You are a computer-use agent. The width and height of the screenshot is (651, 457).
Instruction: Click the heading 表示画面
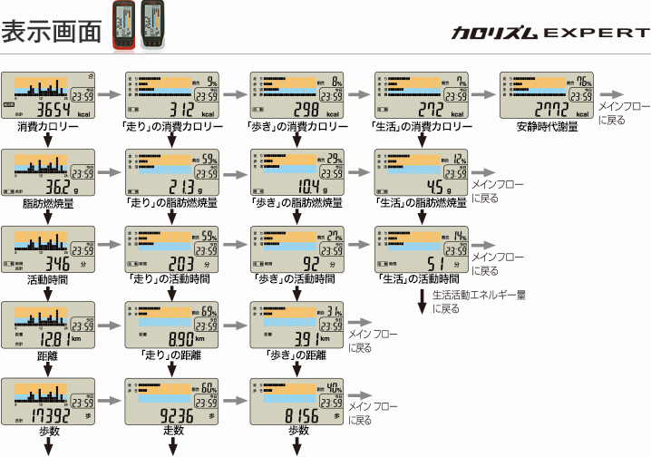point(51,31)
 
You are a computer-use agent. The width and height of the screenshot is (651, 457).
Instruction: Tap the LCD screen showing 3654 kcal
point(50,96)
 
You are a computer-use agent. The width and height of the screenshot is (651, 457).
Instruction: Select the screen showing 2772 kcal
point(549,96)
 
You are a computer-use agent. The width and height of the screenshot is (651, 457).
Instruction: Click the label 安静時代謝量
point(548,127)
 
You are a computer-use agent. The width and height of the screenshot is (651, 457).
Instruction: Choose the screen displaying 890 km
point(174,325)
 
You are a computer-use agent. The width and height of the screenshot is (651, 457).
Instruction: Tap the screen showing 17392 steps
point(50,401)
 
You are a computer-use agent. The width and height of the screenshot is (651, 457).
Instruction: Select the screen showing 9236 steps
point(174,401)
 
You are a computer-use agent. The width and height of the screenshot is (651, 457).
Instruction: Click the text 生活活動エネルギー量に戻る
point(478,301)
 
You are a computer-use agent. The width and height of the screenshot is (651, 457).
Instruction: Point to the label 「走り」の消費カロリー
point(175,127)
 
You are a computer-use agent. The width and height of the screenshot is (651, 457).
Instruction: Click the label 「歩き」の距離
point(298,355)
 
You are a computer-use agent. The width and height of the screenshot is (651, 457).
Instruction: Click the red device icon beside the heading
point(121,26)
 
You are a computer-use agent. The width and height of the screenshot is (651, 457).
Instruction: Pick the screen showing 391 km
point(298,325)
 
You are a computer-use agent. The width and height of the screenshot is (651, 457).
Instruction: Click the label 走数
point(174,432)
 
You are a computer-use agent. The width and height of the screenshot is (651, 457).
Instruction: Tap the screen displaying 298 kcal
point(298,96)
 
